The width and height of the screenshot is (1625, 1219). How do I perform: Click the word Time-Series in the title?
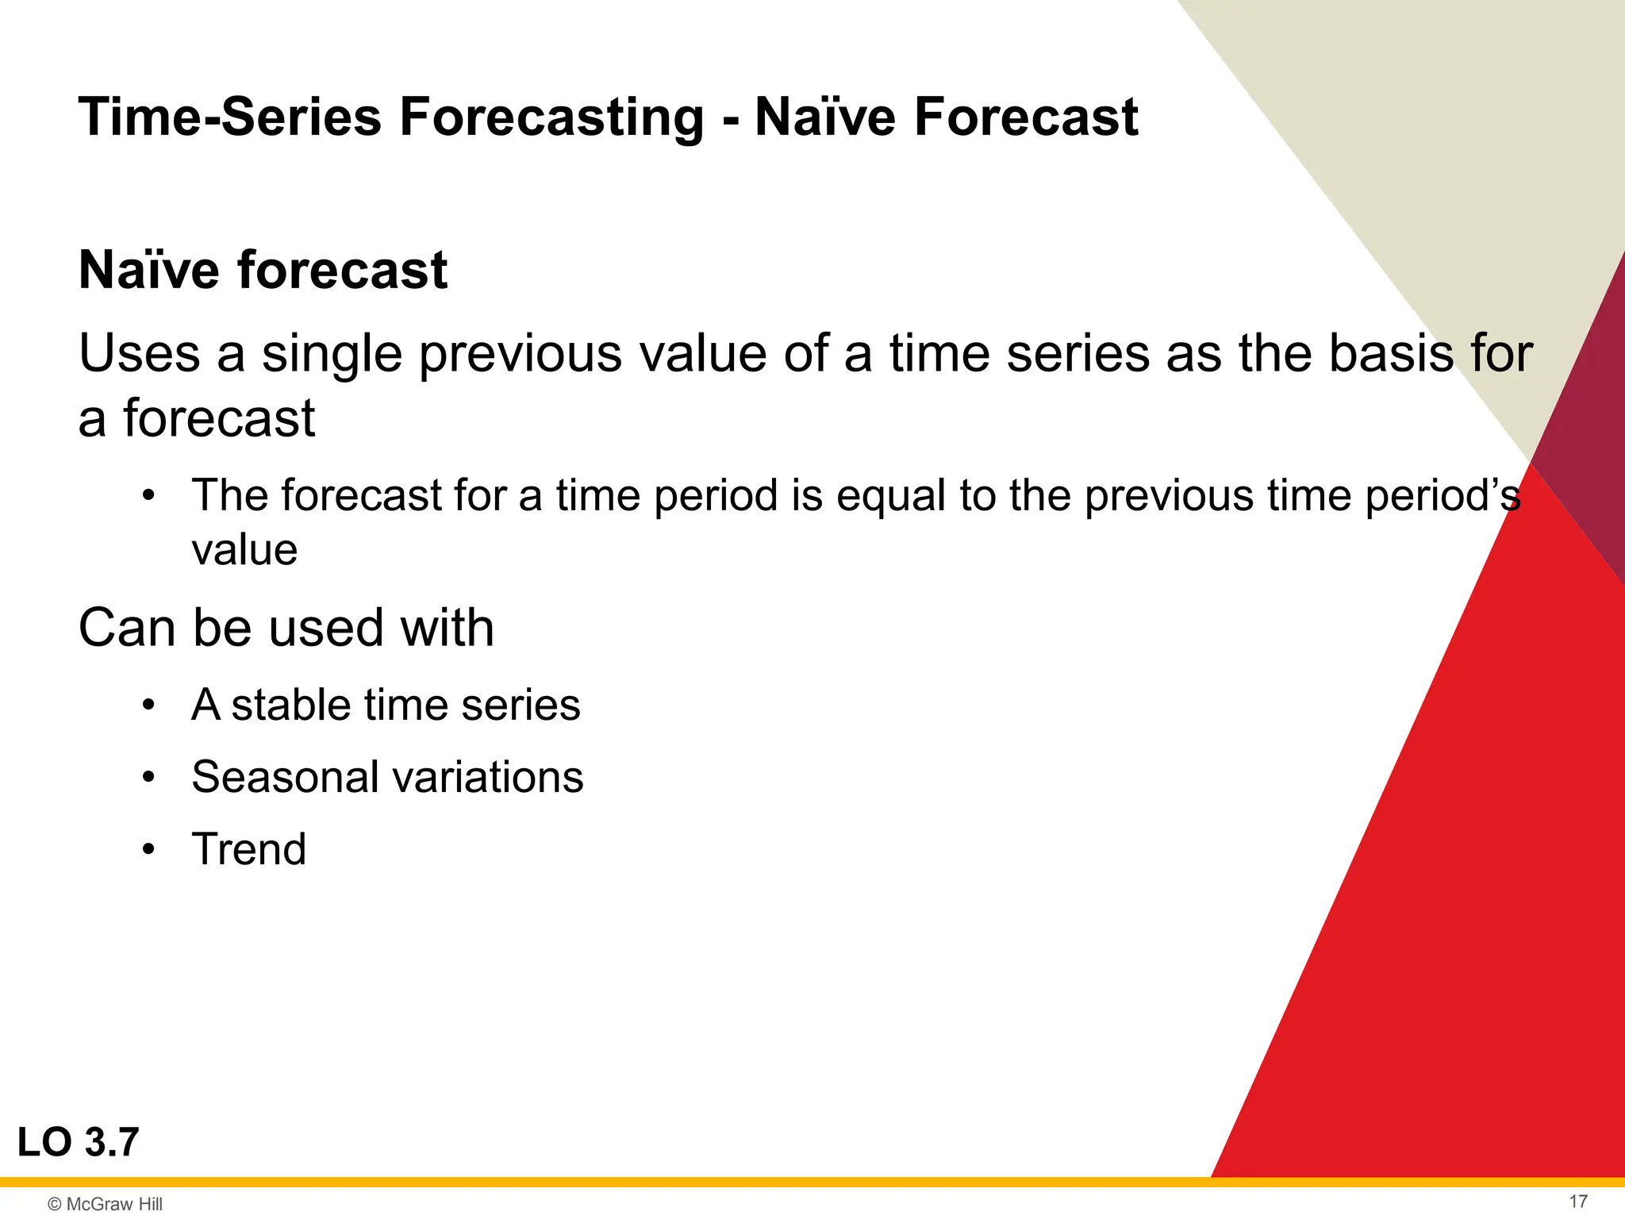point(230,117)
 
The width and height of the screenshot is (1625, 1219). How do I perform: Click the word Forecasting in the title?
point(551,117)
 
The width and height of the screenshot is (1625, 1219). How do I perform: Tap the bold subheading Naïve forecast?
point(263,270)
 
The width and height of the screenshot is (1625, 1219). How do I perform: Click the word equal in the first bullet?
point(891,496)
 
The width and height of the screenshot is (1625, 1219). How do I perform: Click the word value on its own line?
point(244,550)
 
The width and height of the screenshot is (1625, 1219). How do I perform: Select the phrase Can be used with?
point(286,628)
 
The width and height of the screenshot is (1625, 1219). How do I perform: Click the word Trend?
point(248,849)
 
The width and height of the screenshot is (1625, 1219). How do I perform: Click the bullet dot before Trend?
point(148,850)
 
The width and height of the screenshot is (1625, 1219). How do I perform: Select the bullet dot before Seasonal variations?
point(148,778)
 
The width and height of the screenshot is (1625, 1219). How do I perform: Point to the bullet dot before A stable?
point(148,706)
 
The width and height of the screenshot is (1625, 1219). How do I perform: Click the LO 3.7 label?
point(78,1143)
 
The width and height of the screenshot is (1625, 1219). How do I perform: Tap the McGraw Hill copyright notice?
point(105,1204)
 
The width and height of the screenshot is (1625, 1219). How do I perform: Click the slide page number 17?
point(1578,1202)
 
